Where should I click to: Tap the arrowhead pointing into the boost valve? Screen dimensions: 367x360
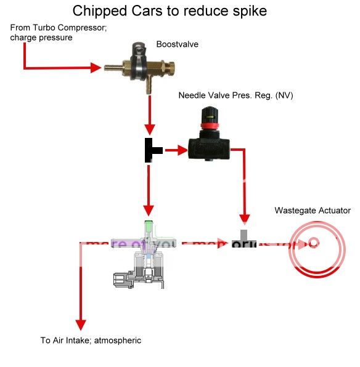(96, 68)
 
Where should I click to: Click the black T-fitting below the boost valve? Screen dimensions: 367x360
(151, 150)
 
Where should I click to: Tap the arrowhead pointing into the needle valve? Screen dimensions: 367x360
(181, 150)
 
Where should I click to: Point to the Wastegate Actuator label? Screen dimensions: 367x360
(312, 211)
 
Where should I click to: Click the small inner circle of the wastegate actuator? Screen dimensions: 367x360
(314, 243)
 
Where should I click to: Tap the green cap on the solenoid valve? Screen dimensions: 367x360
(148, 225)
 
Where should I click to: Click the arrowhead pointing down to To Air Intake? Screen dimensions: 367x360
(80, 325)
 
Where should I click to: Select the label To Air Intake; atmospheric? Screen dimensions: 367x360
(91, 341)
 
